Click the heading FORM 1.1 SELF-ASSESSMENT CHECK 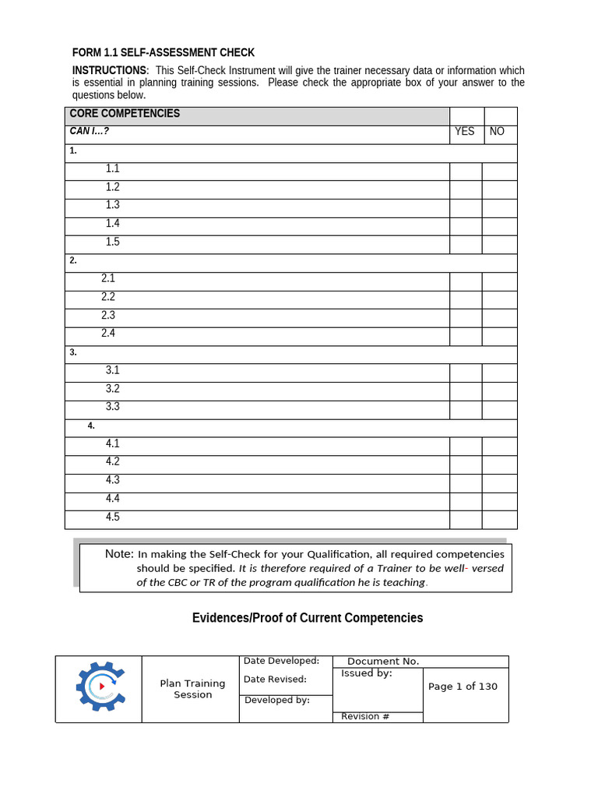pos(164,53)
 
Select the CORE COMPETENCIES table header pos(125,114)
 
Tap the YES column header pos(464,132)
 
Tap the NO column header pos(497,132)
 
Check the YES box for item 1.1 pos(466,171)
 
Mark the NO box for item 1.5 pos(499,245)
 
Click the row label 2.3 pos(108,316)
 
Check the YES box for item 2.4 pos(466,337)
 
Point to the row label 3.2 pos(113,389)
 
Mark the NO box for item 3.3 pos(499,410)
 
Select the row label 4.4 pos(113,499)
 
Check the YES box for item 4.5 pos(466,520)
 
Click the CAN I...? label pos(90,132)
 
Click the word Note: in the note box pos(119,554)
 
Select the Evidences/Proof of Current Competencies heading pos(308,618)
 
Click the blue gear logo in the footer pos(100,687)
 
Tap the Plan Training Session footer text pos(192,689)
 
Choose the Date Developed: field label pos(281,661)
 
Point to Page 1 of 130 pos(463,687)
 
